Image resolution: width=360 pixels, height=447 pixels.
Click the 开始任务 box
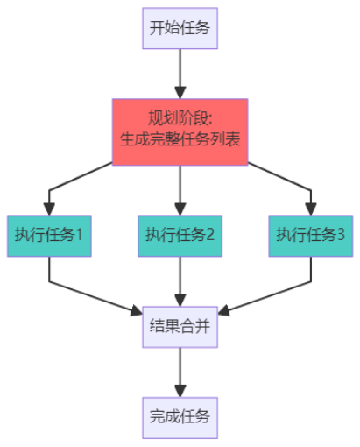point(180,28)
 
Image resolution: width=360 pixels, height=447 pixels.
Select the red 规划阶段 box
point(180,131)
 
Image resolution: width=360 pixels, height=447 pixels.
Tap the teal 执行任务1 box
point(49,235)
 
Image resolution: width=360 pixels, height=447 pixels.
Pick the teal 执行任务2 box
point(180,235)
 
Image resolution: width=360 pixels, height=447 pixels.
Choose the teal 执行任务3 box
point(311,235)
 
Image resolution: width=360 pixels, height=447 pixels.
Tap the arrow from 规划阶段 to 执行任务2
point(180,188)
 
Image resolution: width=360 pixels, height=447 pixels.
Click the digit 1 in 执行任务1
point(79,235)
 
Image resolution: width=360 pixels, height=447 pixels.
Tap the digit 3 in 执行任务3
point(341,235)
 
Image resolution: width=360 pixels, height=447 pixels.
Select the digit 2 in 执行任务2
point(209,235)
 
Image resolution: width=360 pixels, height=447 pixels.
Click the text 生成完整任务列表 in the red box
point(180,140)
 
